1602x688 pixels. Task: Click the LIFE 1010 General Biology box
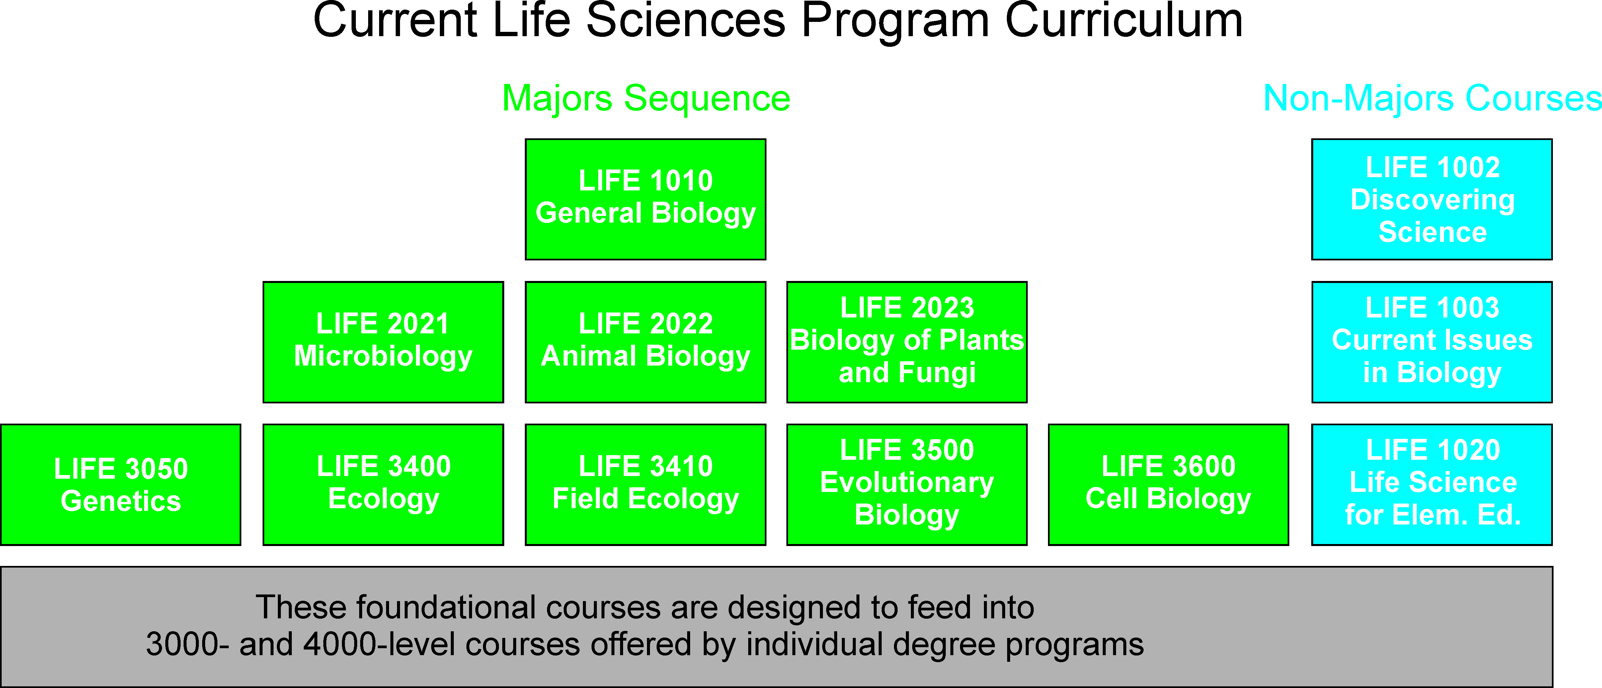(646, 199)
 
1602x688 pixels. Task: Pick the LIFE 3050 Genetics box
(120, 485)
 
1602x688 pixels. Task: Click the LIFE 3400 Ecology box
(383, 485)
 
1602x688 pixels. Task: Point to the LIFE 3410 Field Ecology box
(646, 485)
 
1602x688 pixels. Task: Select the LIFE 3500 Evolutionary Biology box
(907, 485)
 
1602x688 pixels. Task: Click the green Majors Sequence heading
(646, 99)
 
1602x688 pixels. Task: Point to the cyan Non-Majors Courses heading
(1432, 99)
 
